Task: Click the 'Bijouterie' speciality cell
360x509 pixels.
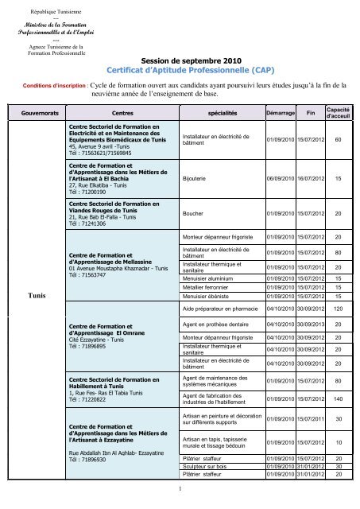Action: click(199, 180)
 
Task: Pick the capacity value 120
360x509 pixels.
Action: click(338, 308)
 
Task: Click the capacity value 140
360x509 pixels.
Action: click(338, 398)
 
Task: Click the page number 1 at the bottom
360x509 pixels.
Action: click(180, 488)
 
